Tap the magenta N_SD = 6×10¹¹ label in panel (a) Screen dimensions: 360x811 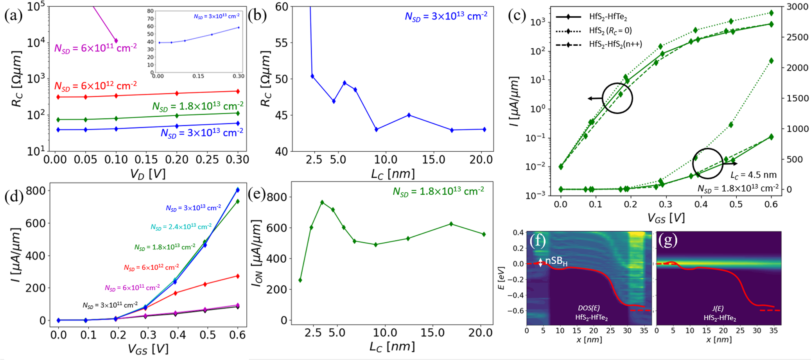[x=95, y=48]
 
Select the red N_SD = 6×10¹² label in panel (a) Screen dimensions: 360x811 [x=95, y=86]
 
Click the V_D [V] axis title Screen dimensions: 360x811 [x=148, y=173]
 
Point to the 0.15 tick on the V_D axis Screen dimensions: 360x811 [x=146, y=159]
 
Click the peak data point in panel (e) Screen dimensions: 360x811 [x=322, y=202]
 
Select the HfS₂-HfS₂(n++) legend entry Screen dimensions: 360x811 [x=615, y=44]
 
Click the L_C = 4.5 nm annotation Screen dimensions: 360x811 [x=753, y=175]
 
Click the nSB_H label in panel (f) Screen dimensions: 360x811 [x=556, y=261]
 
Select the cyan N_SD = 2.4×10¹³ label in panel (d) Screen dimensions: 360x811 [x=181, y=226]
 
